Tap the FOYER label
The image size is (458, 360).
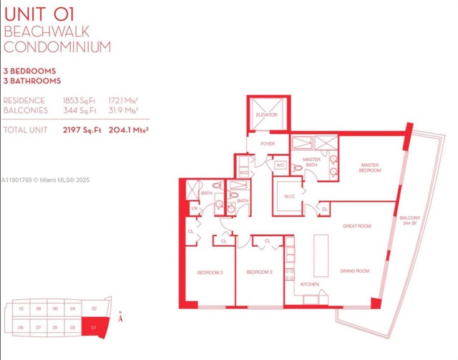(268, 143)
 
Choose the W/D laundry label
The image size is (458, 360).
(244, 172)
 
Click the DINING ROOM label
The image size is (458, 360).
(354, 271)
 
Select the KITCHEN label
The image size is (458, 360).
(309, 284)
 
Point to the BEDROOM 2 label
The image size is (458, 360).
(211, 273)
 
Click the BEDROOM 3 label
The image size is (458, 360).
(259, 273)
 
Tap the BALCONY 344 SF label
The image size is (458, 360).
(409, 220)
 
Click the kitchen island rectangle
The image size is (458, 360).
(319, 255)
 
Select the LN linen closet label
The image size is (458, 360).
(193, 208)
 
